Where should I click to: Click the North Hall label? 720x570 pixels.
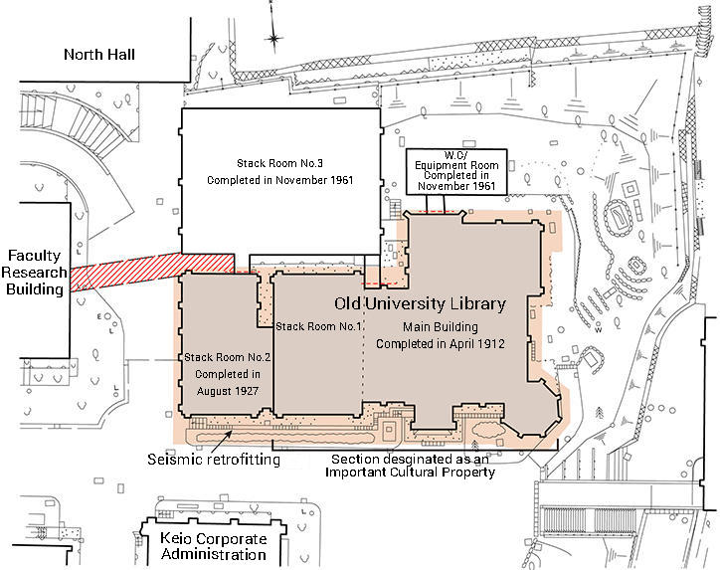tap(99, 54)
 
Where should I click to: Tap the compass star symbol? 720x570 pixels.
tap(273, 39)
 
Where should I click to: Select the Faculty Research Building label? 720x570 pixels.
tap(34, 273)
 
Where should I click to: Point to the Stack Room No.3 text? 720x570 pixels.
tap(279, 163)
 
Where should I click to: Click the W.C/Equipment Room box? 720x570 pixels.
tap(456, 171)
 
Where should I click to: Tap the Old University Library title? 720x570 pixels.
tap(420, 304)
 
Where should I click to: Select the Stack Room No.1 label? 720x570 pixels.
tap(318, 326)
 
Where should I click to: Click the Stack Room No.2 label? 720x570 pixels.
tap(228, 357)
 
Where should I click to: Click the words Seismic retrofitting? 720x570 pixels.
tap(214, 459)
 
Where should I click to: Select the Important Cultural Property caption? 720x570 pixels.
tap(410, 466)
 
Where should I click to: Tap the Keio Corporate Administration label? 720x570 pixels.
tap(214, 546)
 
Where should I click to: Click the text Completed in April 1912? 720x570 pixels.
tap(440, 343)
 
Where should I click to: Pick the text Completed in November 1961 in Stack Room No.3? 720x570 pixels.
tap(279, 180)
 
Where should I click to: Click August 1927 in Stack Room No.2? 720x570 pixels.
tap(228, 391)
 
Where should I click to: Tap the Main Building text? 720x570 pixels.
tap(440, 327)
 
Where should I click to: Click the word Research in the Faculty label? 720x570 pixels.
tap(34, 273)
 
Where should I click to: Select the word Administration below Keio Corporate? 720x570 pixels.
tap(214, 554)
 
